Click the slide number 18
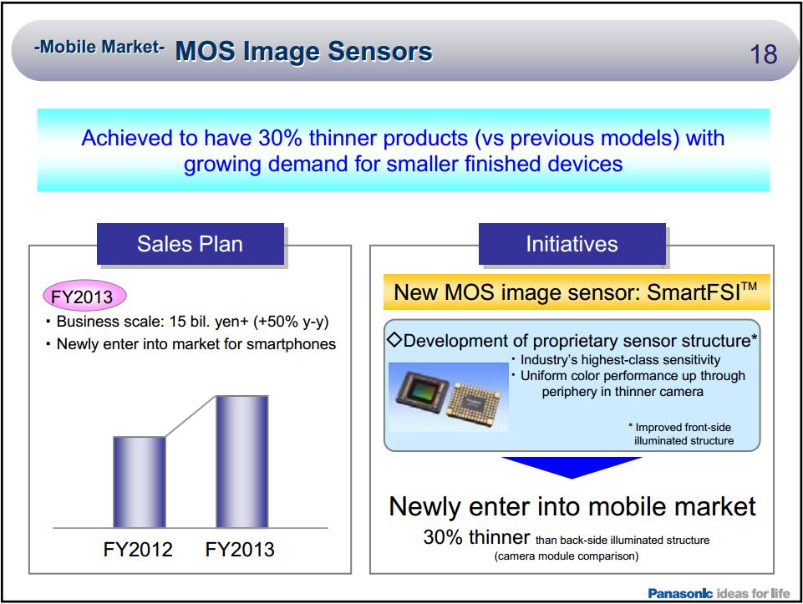[x=764, y=55]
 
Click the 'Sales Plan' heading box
[x=191, y=244]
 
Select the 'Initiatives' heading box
[x=572, y=244]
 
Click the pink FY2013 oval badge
[x=84, y=295]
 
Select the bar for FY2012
[x=139, y=482]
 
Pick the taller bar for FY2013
[x=242, y=461]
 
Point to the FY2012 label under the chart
[x=139, y=550]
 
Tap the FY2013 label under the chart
[x=240, y=550]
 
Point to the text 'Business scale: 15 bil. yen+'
[x=145, y=322]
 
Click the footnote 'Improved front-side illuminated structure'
[x=683, y=434]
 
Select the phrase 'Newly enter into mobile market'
[x=572, y=506]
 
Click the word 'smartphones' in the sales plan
[x=295, y=343]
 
